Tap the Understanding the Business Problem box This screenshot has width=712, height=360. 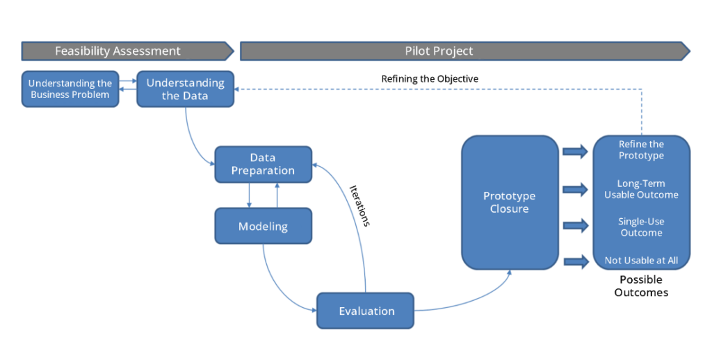coord(70,89)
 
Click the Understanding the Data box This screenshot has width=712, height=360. coord(185,89)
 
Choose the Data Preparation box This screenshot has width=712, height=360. coord(263,164)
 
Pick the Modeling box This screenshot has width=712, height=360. coord(263,226)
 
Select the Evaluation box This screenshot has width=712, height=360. coord(366,311)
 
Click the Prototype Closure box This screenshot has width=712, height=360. coord(510,202)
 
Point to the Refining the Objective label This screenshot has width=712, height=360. coord(430,79)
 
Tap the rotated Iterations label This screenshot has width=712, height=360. coord(359,205)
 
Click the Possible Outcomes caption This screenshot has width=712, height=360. coord(641,286)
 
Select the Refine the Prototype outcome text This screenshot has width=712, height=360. coord(641,150)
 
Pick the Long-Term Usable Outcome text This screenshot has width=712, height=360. coord(641,189)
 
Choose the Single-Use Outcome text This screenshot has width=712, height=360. coord(641,227)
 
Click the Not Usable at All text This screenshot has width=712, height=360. coord(641,261)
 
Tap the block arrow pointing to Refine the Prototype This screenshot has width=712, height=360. coord(575,151)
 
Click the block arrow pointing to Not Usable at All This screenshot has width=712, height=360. coord(575,261)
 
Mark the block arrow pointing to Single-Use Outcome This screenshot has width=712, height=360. coord(575,225)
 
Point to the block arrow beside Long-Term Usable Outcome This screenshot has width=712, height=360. coord(575,188)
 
